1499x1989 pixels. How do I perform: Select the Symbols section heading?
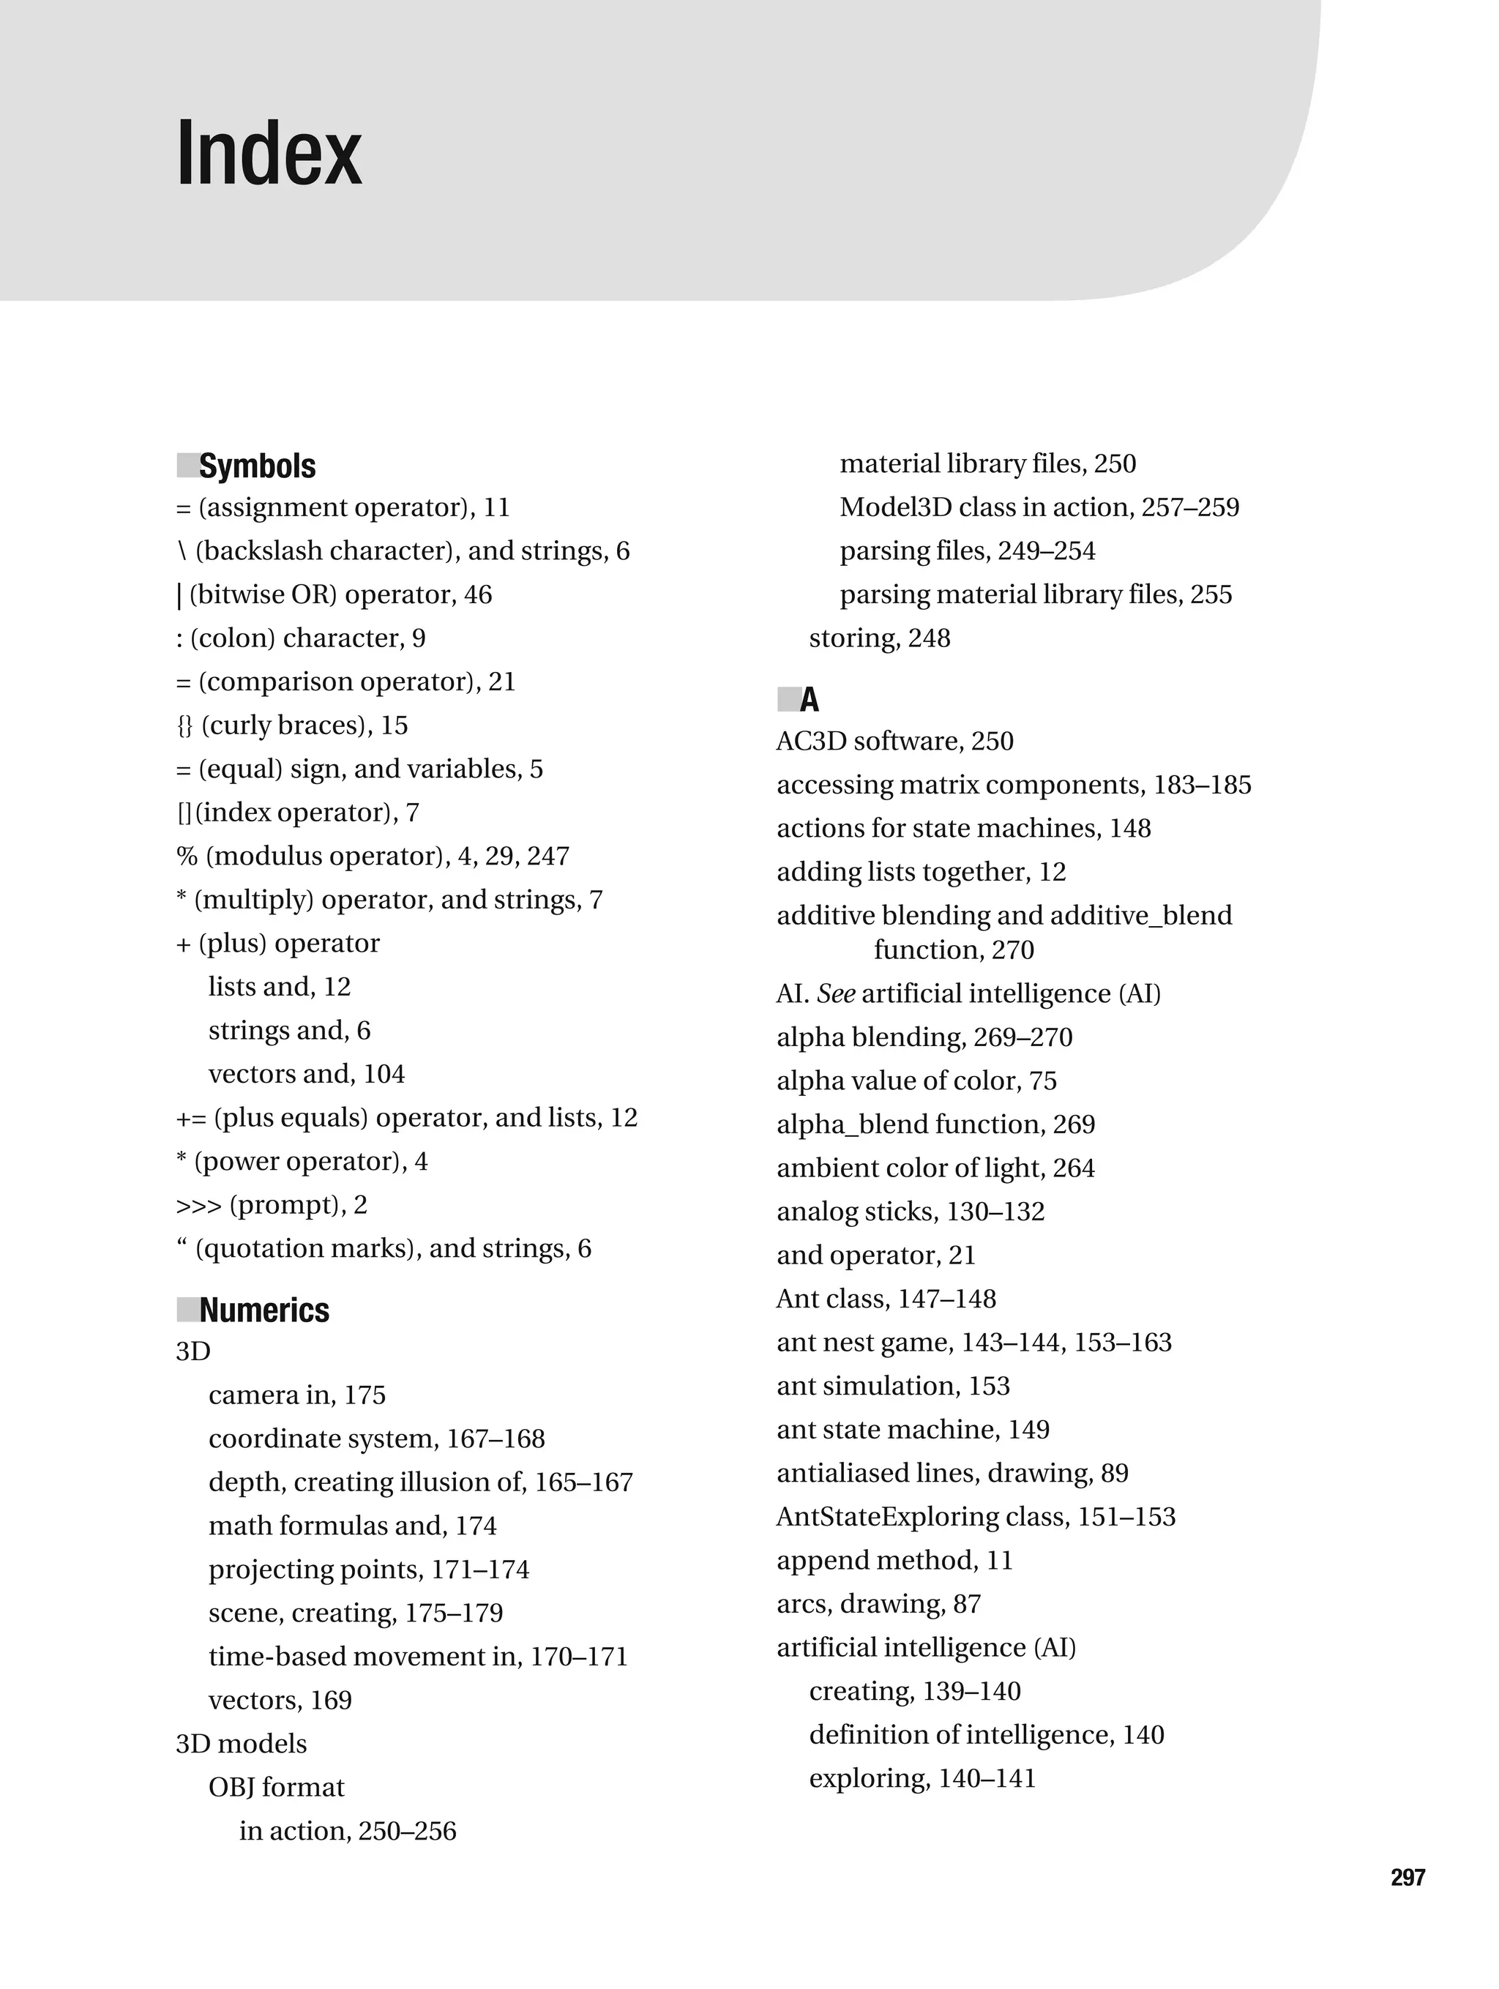pos(257,466)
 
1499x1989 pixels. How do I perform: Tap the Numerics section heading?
pos(263,1310)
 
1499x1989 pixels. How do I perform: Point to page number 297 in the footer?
pos(1408,1876)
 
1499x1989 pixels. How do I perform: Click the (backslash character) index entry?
pos(403,551)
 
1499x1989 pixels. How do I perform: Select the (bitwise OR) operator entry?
pos(334,594)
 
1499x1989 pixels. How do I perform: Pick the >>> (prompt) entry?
pos(272,1204)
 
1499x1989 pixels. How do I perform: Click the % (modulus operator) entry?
pos(373,855)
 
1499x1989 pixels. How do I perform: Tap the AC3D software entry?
pos(894,741)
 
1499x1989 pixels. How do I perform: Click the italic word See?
pos(835,993)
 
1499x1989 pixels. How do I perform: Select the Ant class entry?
pos(886,1299)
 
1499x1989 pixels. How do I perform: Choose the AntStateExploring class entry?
pos(976,1516)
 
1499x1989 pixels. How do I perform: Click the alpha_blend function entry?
pos(935,1124)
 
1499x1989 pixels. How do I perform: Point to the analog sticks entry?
pos(910,1212)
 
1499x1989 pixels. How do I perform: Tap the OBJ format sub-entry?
pos(276,1787)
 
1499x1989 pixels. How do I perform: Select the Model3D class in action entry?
pos(1039,507)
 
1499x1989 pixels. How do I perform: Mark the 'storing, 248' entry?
pos(880,638)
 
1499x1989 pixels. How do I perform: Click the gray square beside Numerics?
pos(187,1310)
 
